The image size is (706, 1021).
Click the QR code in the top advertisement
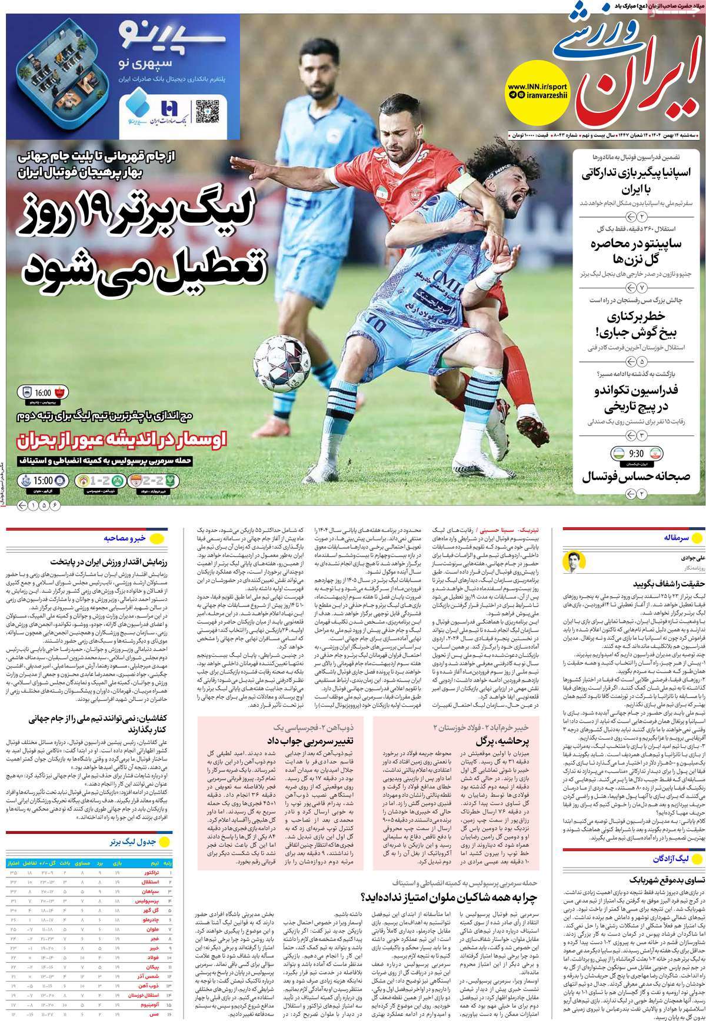[x=207, y=112]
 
